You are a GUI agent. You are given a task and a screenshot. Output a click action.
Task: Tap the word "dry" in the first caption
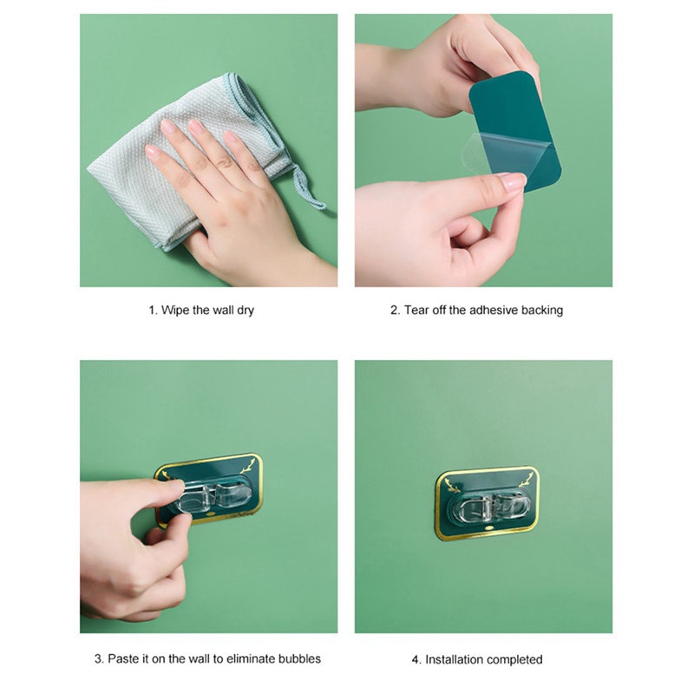coord(246,311)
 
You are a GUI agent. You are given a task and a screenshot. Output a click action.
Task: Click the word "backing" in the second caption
coord(542,311)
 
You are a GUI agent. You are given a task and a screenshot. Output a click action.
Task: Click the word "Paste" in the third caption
coord(123,658)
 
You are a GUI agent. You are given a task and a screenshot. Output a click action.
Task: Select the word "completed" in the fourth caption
coord(515,660)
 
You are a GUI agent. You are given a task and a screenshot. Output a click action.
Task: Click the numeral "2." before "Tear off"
coord(396,310)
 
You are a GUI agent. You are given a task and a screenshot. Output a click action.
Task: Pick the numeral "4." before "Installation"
coord(416,659)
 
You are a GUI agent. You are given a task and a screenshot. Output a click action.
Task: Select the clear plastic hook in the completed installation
coord(489,506)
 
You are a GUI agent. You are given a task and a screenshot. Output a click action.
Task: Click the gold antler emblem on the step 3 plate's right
coord(248,466)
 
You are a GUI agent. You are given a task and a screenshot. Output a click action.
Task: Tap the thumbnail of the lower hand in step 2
coord(514,180)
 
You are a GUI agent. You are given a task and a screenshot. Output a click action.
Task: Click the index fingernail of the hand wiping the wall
coord(168,126)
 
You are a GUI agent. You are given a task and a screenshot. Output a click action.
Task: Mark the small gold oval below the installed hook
coord(488,528)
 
